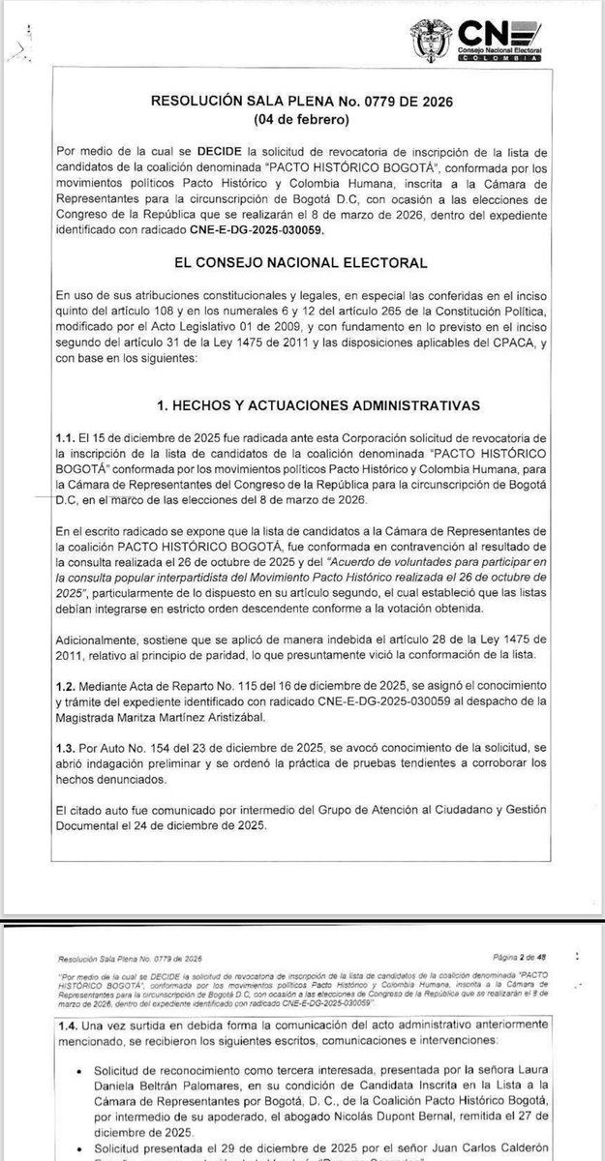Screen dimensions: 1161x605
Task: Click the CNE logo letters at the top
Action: [508, 35]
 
